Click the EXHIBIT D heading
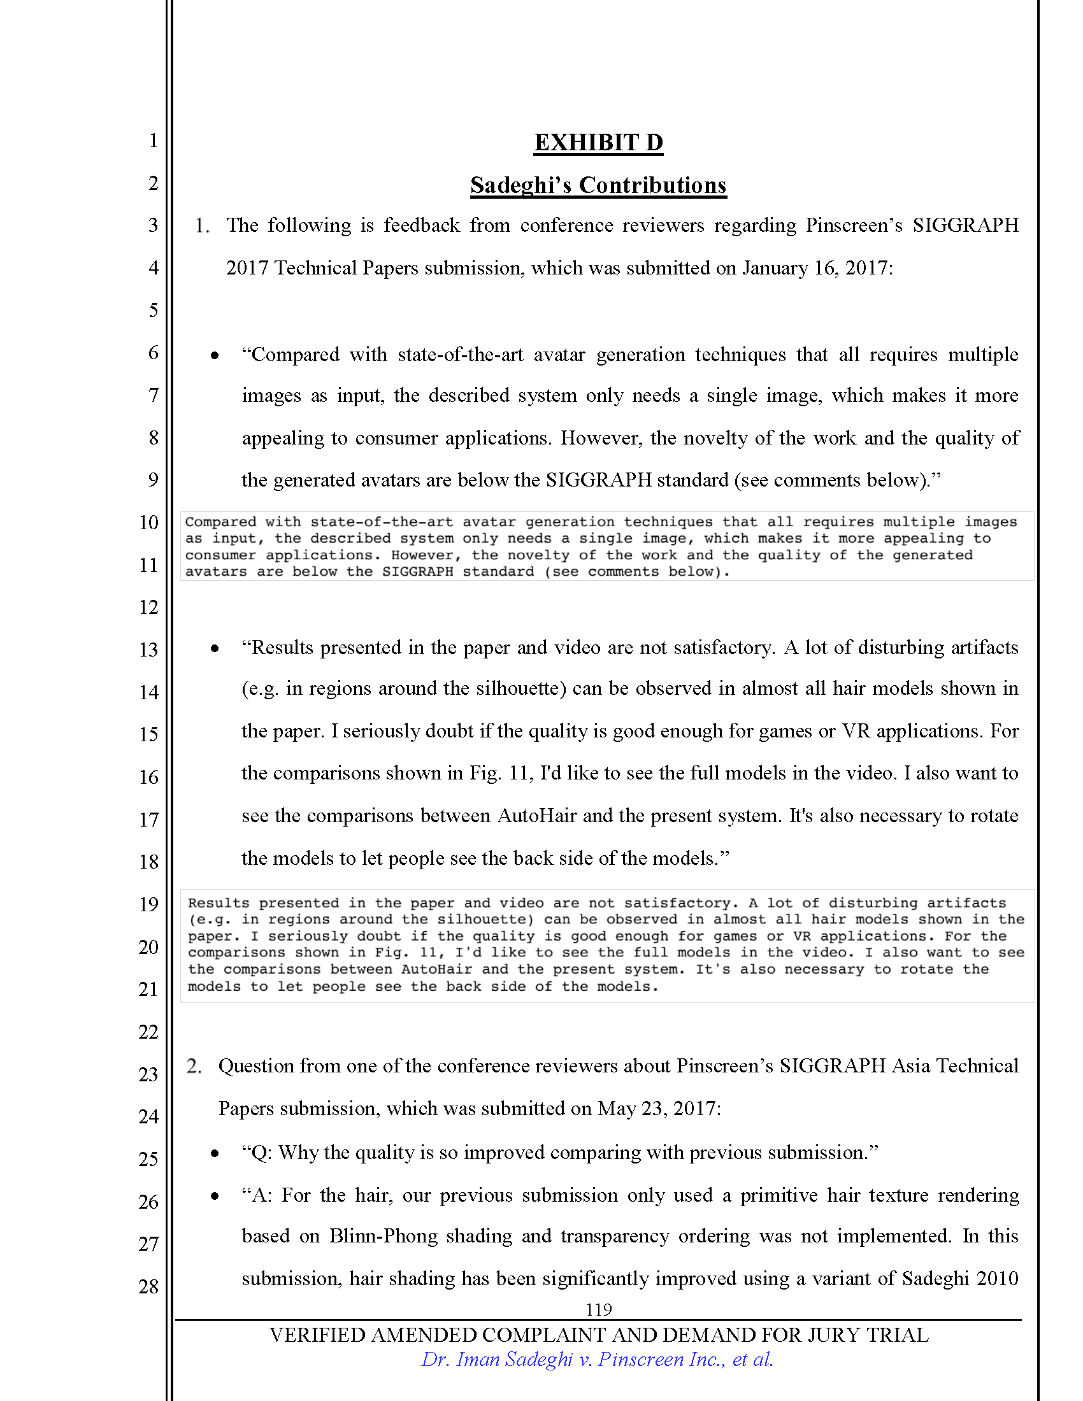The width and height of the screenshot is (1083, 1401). click(598, 143)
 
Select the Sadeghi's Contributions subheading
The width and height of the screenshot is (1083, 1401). click(598, 185)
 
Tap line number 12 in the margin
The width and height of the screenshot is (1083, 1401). click(148, 607)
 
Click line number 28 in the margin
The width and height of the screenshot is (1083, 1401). click(148, 1286)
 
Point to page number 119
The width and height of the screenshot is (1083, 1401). click(599, 1309)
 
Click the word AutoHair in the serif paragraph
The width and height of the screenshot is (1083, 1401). click(537, 816)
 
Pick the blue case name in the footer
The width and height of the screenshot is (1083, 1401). click(598, 1360)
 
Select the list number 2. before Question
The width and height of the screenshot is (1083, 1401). click(194, 1066)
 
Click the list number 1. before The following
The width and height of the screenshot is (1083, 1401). click(202, 226)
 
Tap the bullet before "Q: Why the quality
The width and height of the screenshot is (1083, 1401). click(215, 1153)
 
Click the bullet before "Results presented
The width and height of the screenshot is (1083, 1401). click(215, 648)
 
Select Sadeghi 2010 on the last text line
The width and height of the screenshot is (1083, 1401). click(960, 1279)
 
